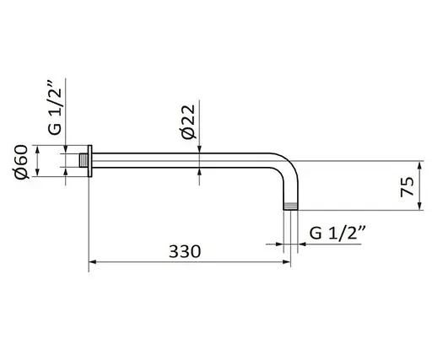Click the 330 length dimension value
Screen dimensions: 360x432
[185, 251]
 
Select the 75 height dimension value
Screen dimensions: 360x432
[407, 185]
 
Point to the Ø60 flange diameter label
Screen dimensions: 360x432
[22, 160]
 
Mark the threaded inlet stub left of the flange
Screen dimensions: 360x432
[84, 160]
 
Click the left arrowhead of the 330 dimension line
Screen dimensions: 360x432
[93, 262]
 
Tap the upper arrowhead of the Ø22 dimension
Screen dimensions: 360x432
[199, 149]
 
